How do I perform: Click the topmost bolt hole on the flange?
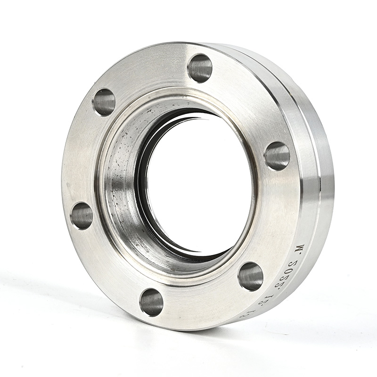[200, 68]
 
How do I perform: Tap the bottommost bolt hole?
[151, 302]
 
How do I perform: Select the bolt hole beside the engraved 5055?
[250, 276]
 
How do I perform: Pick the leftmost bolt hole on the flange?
[82, 216]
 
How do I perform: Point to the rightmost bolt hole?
[277, 156]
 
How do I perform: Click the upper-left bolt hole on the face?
[104, 102]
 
